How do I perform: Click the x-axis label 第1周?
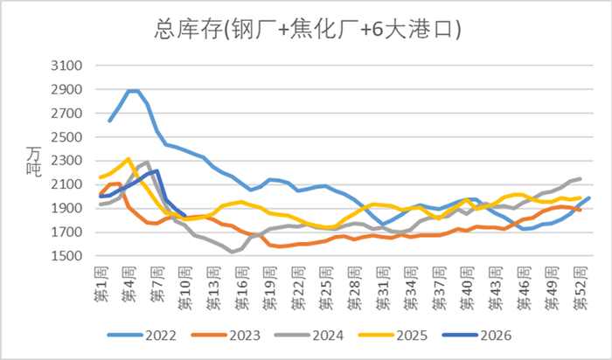point(101,284)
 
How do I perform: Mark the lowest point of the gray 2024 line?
point(233,253)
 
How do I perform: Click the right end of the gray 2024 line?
point(580,179)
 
